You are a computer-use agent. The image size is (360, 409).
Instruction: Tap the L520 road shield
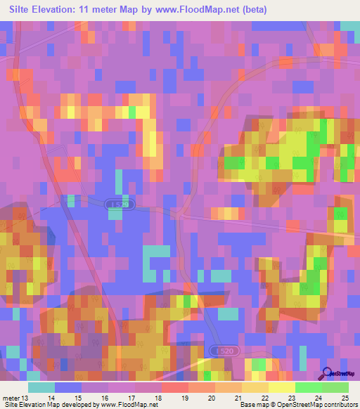(x=221, y=350)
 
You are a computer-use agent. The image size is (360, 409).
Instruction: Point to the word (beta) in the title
(x=251, y=10)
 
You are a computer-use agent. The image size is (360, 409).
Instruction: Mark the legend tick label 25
(x=344, y=397)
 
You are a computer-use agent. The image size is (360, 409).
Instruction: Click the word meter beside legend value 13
(x=12, y=397)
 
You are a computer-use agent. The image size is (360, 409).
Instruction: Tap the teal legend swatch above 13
(x=41, y=387)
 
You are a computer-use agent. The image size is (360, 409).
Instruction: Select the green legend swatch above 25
(x=335, y=387)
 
